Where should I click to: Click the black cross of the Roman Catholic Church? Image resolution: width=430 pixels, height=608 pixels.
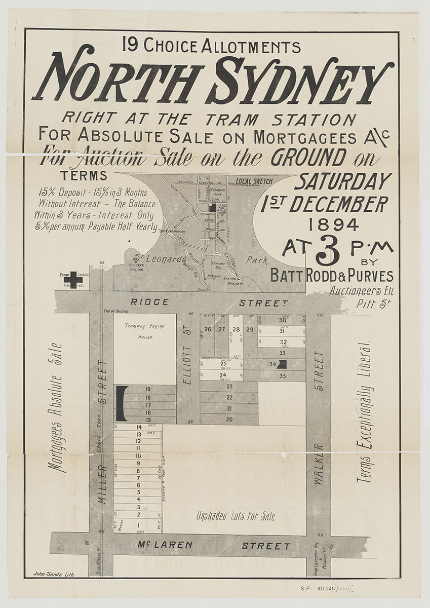tap(73, 279)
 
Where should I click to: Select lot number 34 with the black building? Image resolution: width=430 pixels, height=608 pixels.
tap(272, 364)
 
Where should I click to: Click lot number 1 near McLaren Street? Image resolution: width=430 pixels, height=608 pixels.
tap(138, 525)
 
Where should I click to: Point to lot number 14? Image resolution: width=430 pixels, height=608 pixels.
tap(138, 427)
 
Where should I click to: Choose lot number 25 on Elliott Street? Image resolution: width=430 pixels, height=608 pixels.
tap(223, 364)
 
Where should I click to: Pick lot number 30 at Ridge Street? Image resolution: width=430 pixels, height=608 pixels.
tap(283, 320)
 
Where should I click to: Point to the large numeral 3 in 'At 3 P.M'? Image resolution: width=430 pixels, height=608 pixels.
tap(327, 252)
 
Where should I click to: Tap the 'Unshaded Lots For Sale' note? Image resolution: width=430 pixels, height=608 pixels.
tap(237, 517)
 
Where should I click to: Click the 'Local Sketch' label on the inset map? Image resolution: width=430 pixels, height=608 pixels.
tap(254, 181)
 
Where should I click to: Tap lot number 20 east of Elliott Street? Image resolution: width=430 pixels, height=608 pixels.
tap(229, 419)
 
